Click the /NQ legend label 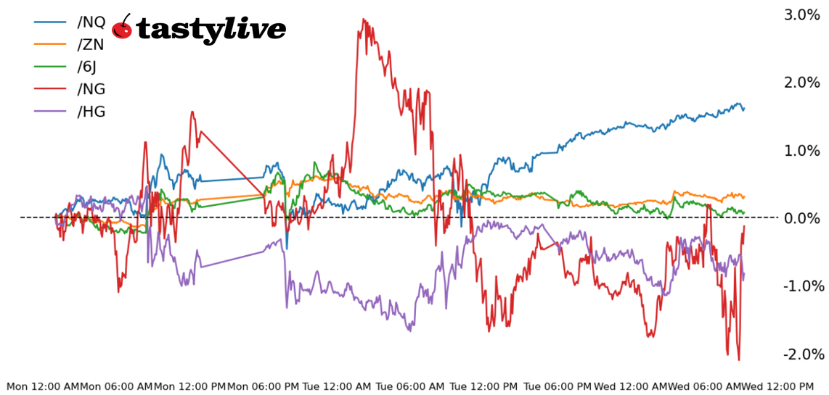point(91,22)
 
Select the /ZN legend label point(91,44)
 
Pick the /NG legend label point(91,89)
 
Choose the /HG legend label point(91,112)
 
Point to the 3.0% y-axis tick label point(801,14)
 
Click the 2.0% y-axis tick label point(801,83)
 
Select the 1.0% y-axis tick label point(801,151)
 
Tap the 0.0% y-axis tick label point(801,218)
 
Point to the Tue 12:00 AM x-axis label point(337,386)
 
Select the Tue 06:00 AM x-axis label point(410,386)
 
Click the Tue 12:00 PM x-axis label point(484,386)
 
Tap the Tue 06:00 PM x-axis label point(558,386)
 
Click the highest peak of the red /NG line point(363,20)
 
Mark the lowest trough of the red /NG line point(739,359)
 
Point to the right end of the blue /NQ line point(744,109)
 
